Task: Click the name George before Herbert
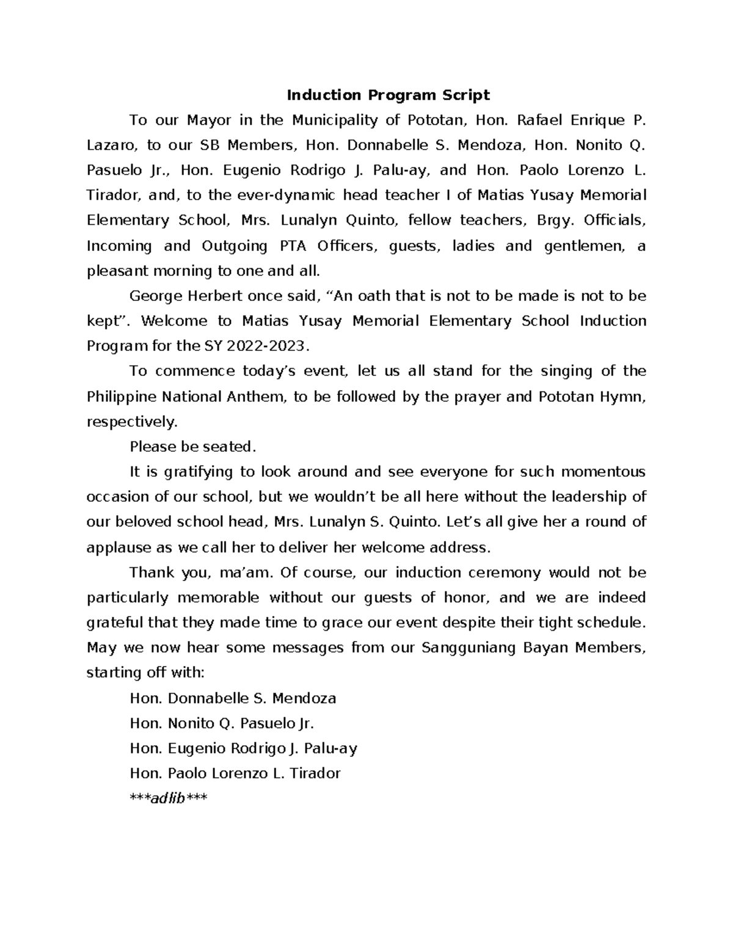[x=155, y=296]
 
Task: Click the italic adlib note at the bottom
[x=169, y=798]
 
